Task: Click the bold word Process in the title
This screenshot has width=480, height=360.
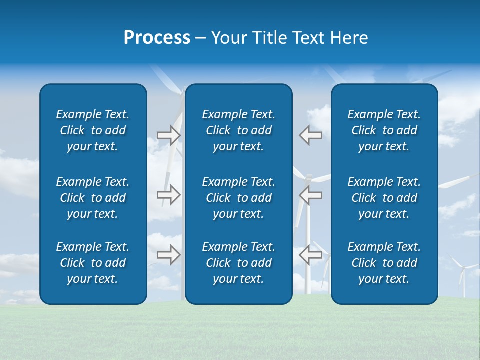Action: point(157,38)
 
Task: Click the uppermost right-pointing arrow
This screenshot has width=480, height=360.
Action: point(168,135)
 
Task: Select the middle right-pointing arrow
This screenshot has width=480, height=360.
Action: point(168,195)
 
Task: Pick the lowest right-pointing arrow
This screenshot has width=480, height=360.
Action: point(168,255)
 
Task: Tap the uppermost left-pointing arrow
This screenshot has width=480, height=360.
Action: point(310,135)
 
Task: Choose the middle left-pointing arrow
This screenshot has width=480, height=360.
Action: point(310,195)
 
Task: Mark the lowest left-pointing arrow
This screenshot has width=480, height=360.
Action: point(310,255)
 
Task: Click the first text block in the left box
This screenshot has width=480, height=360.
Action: point(93,130)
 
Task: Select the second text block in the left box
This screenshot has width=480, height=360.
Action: point(93,198)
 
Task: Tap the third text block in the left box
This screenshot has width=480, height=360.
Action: point(93,263)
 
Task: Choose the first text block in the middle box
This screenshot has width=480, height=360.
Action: point(238,130)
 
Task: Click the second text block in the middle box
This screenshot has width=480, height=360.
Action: point(238,198)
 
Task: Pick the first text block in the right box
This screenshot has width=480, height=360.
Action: point(384,130)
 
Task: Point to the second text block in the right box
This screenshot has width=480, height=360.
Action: point(384,198)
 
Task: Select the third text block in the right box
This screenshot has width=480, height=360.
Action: point(384,263)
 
